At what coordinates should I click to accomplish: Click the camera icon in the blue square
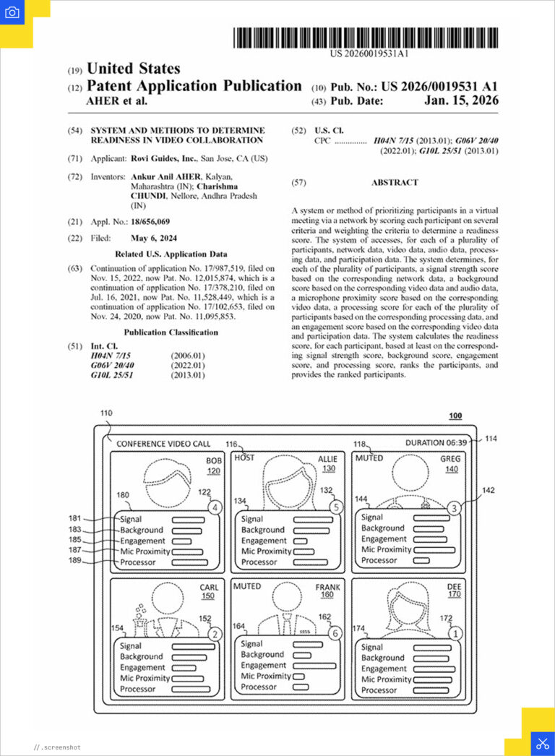tap(12, 12)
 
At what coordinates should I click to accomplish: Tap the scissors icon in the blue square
tap(541, 743)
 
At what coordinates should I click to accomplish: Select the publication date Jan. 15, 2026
tap(460, 101)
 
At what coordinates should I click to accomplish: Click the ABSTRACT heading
tap(395, 183)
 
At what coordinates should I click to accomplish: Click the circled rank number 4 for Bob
tap(214, 507)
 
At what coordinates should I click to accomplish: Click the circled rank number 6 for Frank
tap(333, 632)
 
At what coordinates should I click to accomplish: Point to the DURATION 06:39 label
tap(437, 443)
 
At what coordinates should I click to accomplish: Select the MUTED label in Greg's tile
tap(369, 458)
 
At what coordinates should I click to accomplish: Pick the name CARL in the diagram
tap(209, 588)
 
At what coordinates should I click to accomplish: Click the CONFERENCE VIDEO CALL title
tap(163, 443)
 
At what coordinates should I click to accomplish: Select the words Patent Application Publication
tap(194, 85)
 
